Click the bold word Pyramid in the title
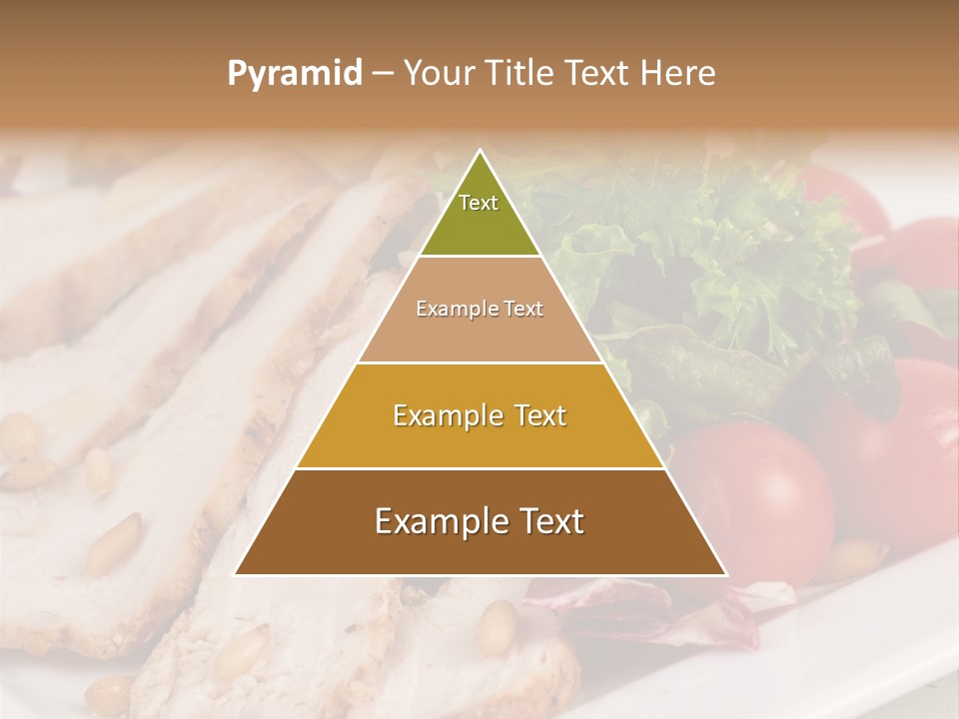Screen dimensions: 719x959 [295, 74]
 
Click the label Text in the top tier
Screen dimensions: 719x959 [479, 203]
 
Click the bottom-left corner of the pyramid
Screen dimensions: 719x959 [236, 574]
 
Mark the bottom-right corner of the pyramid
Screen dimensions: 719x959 [725, 574]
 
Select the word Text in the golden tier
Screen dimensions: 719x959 [540, 415]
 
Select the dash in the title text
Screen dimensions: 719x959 [383, 74]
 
